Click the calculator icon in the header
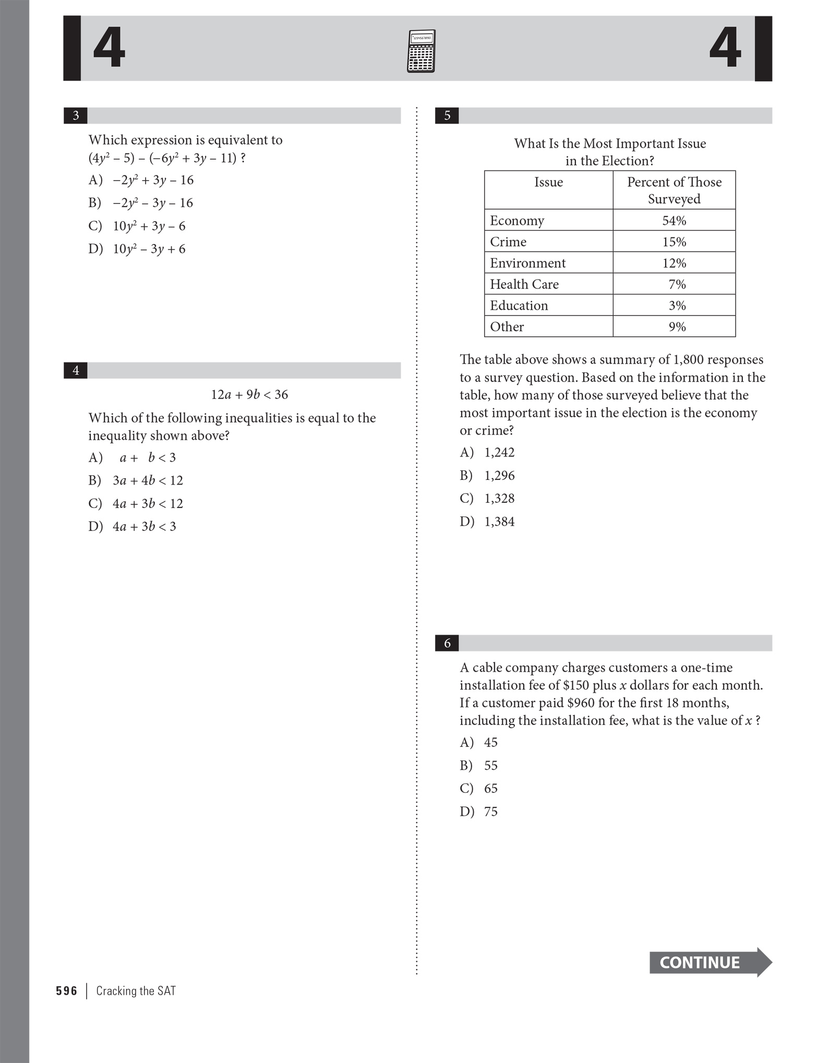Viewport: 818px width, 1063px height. (420, 51)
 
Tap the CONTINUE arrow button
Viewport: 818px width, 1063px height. (709, 962)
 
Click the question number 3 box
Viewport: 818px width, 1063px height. (76, 115)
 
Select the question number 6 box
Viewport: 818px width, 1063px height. (447, 643)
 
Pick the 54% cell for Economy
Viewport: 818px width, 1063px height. (674, 221)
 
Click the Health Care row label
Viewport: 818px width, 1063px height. (524, 284)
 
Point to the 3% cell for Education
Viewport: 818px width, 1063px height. (677, 306)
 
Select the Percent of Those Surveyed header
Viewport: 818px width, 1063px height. (674, 190)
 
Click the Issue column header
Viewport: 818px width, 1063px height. (548, 182)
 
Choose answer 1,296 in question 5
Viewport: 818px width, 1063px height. (499, 476)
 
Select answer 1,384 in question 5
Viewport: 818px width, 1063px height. (499, 522)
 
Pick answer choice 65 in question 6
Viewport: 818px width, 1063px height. (490, 788)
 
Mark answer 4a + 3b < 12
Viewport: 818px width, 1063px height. (148, 504)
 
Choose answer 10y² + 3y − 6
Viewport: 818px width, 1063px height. (149, 226)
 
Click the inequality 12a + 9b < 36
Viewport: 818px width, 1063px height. (249, 395)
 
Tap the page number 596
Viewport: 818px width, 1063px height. (67, 991)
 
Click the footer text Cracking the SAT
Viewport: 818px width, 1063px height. (136, 991)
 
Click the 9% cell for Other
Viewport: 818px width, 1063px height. (677, 327)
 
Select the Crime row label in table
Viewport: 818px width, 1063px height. (508, 242)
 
